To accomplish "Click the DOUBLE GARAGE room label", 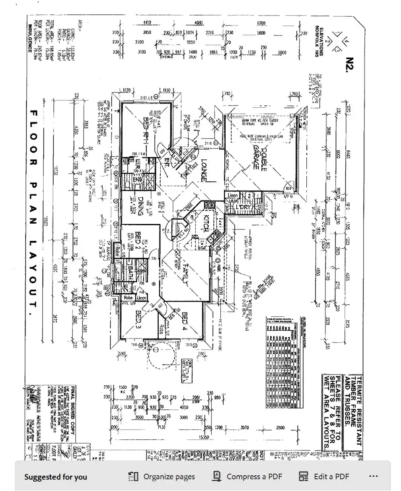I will pos(259,157).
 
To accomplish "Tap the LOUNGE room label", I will pos(203,171).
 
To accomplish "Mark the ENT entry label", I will pos(167,164).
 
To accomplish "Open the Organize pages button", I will pos(162,476).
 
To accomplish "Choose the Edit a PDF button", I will pos(324,476).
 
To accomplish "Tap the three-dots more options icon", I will pos(373,476).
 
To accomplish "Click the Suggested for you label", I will pos(55,477).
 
